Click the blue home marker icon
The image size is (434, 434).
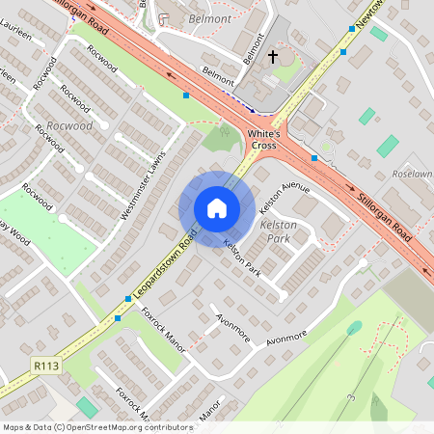[x=217, y=208]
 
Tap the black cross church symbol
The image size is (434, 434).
[x=272, y=58]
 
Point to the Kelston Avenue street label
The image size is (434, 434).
[x=285, y=193]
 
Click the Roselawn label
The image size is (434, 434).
[x=414, y=174]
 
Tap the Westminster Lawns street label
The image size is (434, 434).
[x=144, y=182]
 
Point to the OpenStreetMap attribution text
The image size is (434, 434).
[x=97, y=426]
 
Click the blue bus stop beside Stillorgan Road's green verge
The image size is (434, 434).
[x=186, y=95]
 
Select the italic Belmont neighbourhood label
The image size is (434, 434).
[x=209, y=18]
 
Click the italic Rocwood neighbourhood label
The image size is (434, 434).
[x=69, y=125]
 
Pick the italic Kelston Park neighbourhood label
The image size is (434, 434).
[x=279, y=231]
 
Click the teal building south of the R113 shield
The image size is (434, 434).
[x=87, y=407]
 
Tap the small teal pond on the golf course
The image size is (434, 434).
[x=355, y=328]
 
